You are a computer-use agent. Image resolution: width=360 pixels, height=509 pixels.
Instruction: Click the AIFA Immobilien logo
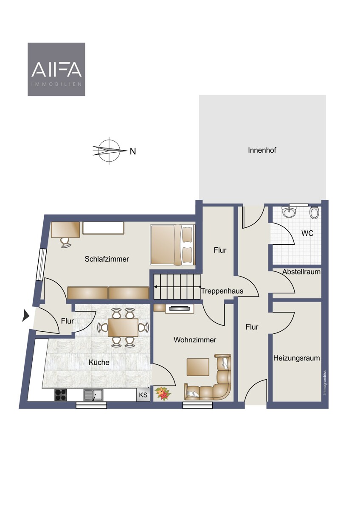[x=56, y=69]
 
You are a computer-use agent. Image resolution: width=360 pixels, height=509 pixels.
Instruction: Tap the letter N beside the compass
[x=133, y=151]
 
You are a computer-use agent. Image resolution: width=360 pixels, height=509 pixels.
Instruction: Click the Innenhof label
[x=262, y=150]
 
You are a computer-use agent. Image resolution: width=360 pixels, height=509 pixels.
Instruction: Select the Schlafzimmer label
[x=107, y=259]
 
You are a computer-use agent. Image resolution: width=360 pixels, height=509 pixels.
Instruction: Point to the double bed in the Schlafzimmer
[x=173, y=245]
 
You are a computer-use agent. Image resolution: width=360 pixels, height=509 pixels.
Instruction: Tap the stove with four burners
[x=61, y=395]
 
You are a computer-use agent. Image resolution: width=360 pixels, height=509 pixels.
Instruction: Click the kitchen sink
[x=93, y=395]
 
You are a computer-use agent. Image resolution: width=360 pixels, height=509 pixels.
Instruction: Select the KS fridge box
[x=143, y=395]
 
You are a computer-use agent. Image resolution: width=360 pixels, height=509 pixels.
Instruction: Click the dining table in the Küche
[x=123, y=327]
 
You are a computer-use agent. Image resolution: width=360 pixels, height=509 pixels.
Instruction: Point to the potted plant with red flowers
[x=162, y=393]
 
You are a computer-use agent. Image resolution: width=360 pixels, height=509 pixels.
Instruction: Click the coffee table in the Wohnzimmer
[x=198, y=367]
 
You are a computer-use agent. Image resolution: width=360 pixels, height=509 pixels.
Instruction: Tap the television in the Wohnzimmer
[x=180, y=309]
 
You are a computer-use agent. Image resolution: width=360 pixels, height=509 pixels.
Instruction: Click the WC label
[x=307, y=233]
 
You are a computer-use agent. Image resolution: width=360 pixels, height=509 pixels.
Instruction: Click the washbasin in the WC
[x=289, y=211]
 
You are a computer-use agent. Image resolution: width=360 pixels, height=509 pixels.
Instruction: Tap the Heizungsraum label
[x=297, y=358]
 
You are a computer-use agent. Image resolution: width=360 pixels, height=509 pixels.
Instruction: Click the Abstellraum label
[x=301, y=272]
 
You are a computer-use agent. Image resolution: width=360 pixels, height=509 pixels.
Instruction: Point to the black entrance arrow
[x=26, y=316]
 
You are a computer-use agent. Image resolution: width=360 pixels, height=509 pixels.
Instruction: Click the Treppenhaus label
[x=222, y=291]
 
